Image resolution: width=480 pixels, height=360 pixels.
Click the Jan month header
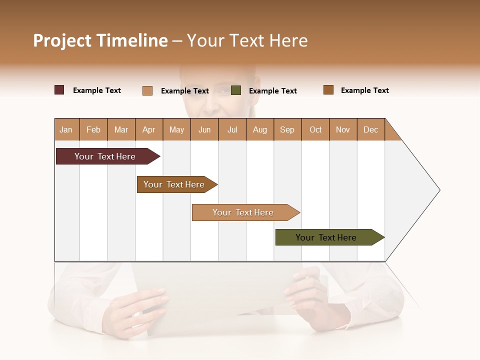pyautogui.click(x=66, y=129)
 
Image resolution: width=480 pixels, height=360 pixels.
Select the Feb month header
pyautogui.click(x=93, y=129)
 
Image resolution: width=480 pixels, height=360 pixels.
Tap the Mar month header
pyautogui.click(x=121, y=129)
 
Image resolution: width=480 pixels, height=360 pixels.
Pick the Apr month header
pyautogui.click(x=149, y=129)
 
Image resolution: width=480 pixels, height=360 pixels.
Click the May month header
pyautogui.click(x=176, y=129)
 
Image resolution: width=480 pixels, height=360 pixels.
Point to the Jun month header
pyautogui.click(x=204, y=129)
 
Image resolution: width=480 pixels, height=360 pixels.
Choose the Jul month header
pyautogui.click(x=232, y=129)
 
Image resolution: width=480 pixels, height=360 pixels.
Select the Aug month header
pyautogui.click(x=260, y=129)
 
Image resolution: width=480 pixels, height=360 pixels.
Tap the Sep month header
pyautogui.click(x=287, y=129)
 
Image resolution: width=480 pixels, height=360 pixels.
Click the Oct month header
pyautogui.click(x=315, y=129)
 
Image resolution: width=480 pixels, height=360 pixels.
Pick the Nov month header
pyautogui.click(x=343, y=129)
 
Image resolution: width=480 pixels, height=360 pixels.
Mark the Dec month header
pyautogui.click(x=371, y=129)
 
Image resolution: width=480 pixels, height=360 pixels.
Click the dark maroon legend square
pyautogui.click(x=59, y=90)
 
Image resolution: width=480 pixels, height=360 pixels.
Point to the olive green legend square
pyautogui.click(x=236, y=90)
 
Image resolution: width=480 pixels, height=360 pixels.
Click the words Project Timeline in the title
pyautogui.click(x=100, y=40)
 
